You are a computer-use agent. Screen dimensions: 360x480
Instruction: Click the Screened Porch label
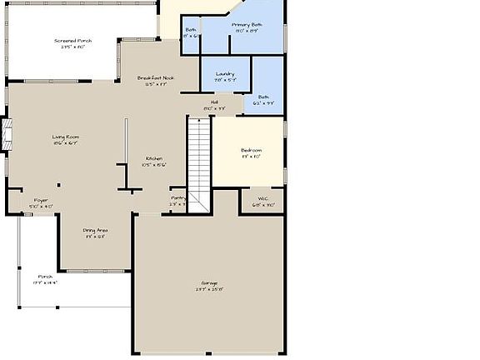click(73, 40)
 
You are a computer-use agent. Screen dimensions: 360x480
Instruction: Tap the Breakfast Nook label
click(156, 77)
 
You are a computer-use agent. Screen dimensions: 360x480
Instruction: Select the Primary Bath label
click(247, 25)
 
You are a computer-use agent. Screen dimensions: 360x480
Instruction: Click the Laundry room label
click(224, 73)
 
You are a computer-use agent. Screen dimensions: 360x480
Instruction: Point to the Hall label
click(214, 102)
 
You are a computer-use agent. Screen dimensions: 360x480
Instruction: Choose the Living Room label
click(66, 137)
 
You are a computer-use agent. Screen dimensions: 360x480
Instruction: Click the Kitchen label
click(154, 158)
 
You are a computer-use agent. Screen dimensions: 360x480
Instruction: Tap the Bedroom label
click(251, 150)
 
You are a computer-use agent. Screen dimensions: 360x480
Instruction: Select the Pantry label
click(178, 197)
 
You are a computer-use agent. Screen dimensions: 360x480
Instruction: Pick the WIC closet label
click(262, 197)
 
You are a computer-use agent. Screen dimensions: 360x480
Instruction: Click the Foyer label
click(41, 200)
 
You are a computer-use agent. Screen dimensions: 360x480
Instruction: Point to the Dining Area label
click(95, 230)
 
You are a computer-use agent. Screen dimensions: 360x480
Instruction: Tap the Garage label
click(209, 283)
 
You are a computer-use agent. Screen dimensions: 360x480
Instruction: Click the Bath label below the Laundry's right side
click(263, 97)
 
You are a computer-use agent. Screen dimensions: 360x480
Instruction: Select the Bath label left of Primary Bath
click(191, 30)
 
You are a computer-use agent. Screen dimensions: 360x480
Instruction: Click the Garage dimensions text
click(209, 290)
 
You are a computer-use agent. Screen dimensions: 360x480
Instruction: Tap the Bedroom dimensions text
click(251, 156)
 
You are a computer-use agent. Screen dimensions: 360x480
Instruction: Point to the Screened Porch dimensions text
click(73, 47)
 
